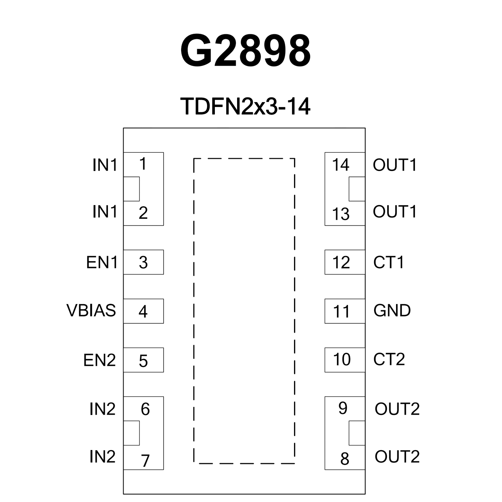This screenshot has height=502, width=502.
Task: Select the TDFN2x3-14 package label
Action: (x=245, y=106)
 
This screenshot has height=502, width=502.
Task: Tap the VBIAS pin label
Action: (x=91, y=310)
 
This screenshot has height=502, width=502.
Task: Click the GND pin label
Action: (x=392, y=310)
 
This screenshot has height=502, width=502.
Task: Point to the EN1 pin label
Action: (x=102, y=262)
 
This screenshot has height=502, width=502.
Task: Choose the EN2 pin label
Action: (x=100, y=360)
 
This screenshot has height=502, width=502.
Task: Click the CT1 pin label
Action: (x=389, y=262)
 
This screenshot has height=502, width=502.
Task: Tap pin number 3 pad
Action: (x=143, y=262)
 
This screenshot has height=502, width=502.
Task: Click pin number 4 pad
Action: (x=143, y=311)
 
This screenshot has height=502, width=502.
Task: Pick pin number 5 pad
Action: (x=143, y=360)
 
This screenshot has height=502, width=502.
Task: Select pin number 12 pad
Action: (x=344, y=262)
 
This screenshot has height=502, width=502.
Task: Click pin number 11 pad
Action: (x=344, y=311)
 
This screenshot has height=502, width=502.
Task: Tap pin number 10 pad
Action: (x=344, y=360)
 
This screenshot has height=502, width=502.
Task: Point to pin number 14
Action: (x=340, y=165)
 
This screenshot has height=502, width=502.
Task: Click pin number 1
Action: (x=143, y=164)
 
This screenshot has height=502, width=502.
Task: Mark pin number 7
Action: (x=145, y=460)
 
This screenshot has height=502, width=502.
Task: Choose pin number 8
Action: (x=345, y=459)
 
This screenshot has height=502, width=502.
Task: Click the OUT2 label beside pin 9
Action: (x=397, y=409)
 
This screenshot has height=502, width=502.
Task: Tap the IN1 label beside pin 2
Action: (x=105, y=212)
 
